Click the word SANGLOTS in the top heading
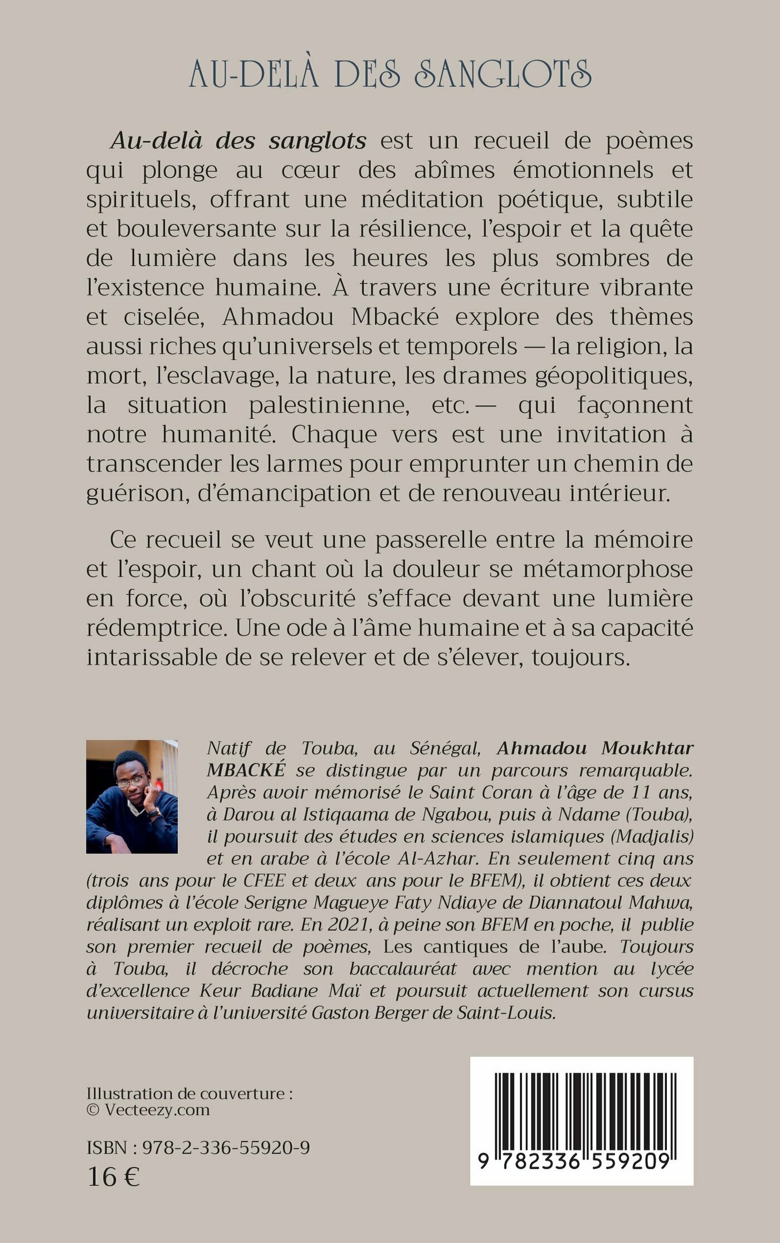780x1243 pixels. tap(503, 74)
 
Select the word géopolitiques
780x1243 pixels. tap(613, 376)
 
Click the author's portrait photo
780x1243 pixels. tap(132, 796)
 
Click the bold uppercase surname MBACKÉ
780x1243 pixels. tap(246, 770)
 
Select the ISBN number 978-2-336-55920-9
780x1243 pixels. tap(226, 1148)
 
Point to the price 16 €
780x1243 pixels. tap(113, 1177)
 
